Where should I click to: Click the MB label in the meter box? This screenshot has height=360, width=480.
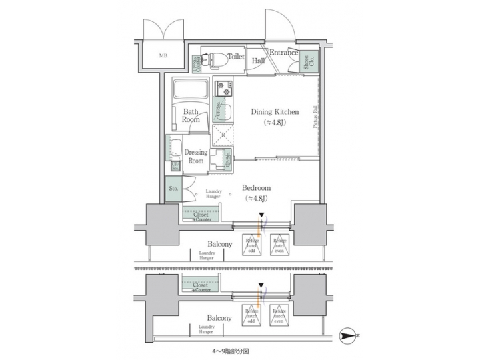(163, 56)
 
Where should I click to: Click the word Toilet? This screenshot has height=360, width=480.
(235, 57)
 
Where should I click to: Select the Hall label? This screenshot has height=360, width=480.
(259, 61)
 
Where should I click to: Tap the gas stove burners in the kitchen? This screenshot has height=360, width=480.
(223, 86)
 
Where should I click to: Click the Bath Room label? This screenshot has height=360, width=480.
(191, 115)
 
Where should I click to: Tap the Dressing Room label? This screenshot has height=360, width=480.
(195, 156)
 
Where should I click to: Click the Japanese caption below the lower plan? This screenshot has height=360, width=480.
(227, 350)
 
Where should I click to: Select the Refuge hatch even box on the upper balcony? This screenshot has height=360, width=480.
(279, 246)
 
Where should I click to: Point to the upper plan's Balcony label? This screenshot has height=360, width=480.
(219, 245)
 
